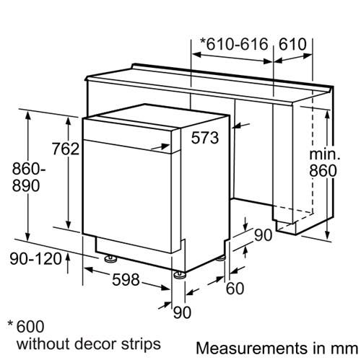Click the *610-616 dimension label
tap(234, 44)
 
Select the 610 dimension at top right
tap(292, 44)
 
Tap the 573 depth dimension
tap(205, 138)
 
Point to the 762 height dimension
tap(66, 149)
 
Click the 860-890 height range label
tap(29, 177)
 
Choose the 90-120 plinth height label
tap(36, 259)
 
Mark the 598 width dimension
tap(126, 279)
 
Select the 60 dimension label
tap(235, 289)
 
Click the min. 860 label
tap(324, 163)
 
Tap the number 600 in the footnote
tap(30, 326)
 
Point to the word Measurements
tap(251, 348)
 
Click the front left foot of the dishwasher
tap(110, 258)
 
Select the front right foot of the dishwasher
tap(180, 275)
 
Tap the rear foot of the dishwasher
tap(221, 258)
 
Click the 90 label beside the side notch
tap(264, 235)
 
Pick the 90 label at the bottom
tap(182, 312)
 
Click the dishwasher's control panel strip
tap(131, 135)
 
